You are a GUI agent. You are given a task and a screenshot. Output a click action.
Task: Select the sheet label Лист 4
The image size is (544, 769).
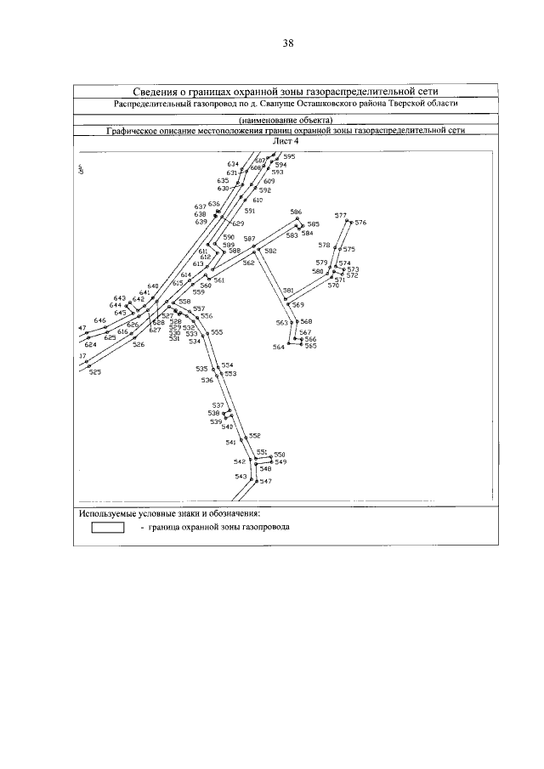pyautogui.click(x=286, y=142)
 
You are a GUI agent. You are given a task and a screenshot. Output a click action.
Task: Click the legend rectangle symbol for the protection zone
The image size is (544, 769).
pyautogui.click(x=108, y=527)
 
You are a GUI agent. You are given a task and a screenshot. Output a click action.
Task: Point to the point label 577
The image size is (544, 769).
pyautogui.click(x=340, y=216)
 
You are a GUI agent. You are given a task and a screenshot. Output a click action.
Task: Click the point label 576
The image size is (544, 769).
pyautogui.click(x=360, y=223)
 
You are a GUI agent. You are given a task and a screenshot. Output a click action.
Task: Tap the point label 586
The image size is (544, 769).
pyautogui.click(x=296, y=212)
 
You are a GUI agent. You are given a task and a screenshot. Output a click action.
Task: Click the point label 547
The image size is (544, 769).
pyautogui.click(x=265, y=482)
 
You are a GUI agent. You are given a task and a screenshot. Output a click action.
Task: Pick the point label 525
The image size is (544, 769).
pyautogui.click(x=94, y=372)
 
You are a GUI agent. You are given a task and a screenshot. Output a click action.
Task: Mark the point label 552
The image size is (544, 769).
pyautogui.click(x=253, y=435)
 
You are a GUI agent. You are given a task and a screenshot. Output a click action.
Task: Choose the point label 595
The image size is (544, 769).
pyautogui.click(x=289, y=157)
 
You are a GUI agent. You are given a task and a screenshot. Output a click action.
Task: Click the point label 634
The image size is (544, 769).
pyautogui.click(x=232, y=163)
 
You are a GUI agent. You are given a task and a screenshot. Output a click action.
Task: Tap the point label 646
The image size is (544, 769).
pyautogui.click(x=99, y=320)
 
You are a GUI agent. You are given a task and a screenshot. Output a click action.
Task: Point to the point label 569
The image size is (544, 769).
pyautogui.click(x=297, y=304)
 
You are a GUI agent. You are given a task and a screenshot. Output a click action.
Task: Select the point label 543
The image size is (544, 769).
pyautogui.click(x=241, y=477)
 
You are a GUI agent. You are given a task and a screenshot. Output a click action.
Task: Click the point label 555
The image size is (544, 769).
pyautogui.click(x=217, y=332)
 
